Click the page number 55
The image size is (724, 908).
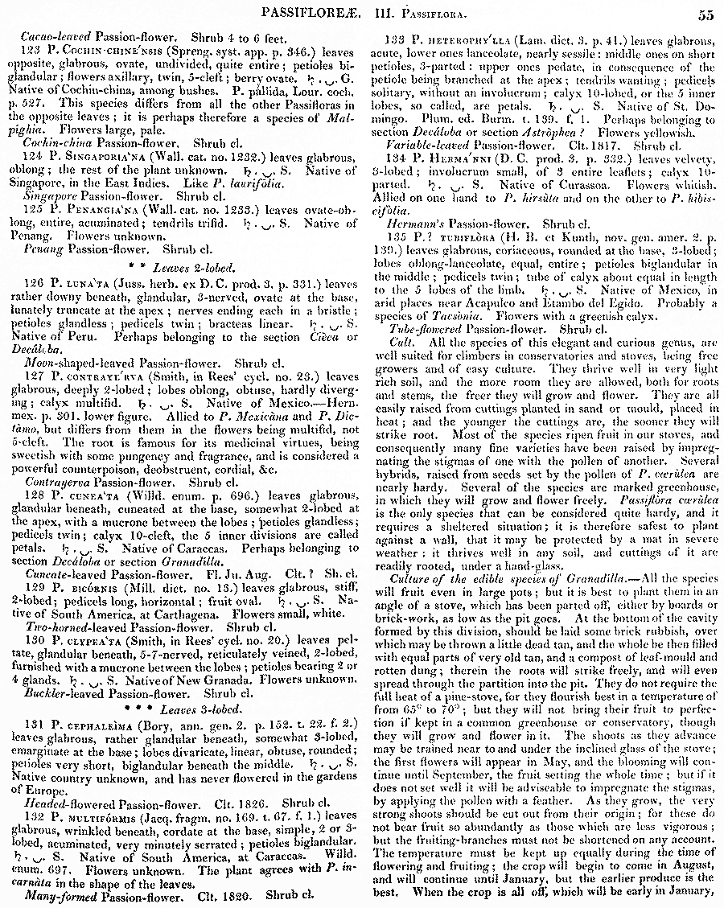pyautogui.click(x=706, y=14)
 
